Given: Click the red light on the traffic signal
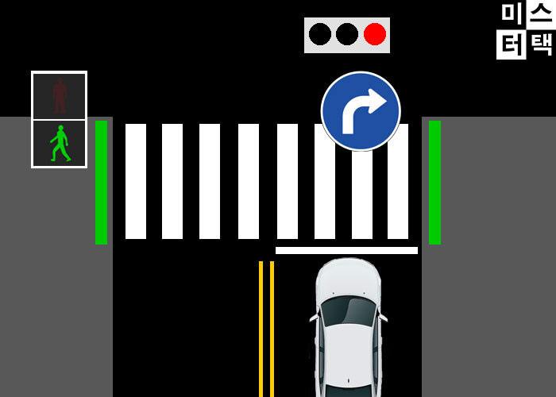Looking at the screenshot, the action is tap(375, 34).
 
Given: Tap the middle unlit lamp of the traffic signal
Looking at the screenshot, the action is tap(347, 34).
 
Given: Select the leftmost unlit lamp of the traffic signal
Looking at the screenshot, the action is tap(320, 34).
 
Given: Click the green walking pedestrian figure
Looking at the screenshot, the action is tap(60, 144).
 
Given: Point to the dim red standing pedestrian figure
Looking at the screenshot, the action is tap(60, 95).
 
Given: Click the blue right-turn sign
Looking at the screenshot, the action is tap(361, 111).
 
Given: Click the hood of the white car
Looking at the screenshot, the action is tap(348, 278).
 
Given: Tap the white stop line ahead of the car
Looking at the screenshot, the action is tap(346, 250).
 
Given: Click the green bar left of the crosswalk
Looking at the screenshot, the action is tap(101, 182).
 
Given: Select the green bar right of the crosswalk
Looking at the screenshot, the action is tap(434, 182).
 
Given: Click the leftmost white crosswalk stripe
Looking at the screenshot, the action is tap(136, 181).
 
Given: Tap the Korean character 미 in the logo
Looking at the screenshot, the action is tap(511, 13).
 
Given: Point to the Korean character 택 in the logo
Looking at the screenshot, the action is tap(542, 44).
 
